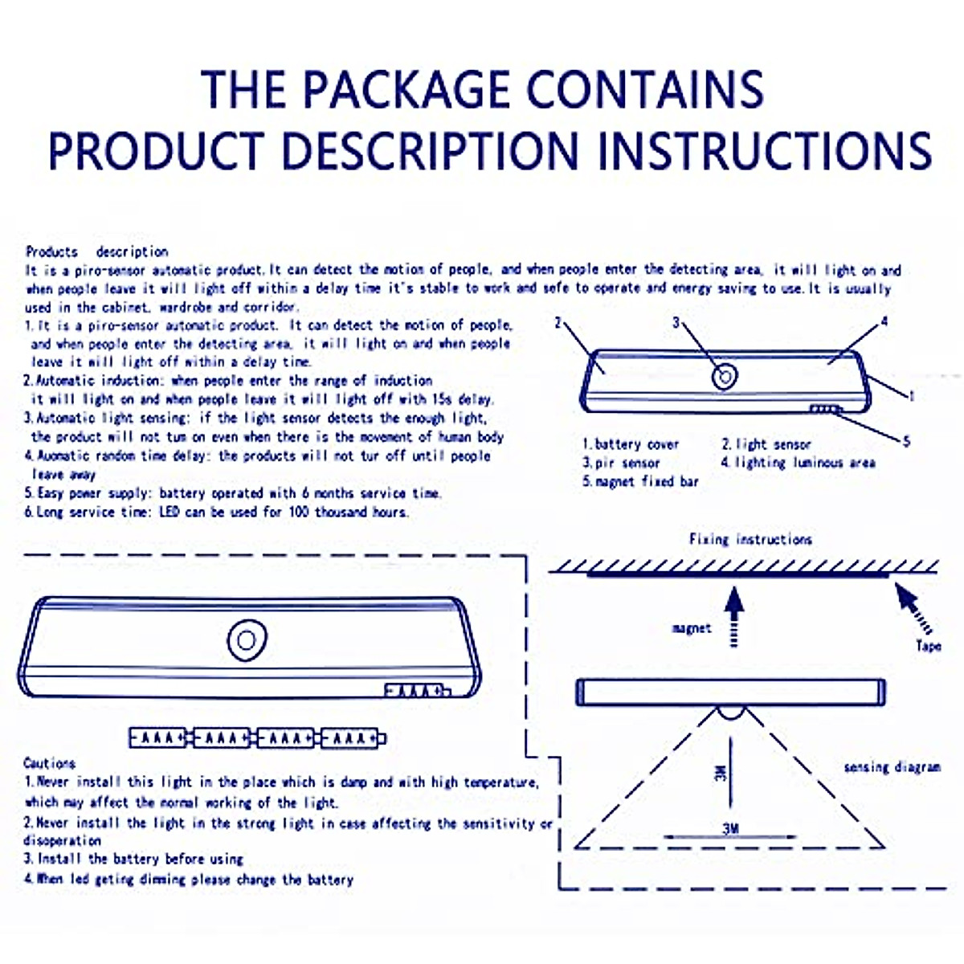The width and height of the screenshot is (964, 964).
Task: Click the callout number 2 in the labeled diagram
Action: (x=558, y=323)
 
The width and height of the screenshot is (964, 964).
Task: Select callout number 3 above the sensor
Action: (x=676, y=323)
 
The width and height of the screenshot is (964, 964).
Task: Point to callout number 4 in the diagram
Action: (x=884, y=322)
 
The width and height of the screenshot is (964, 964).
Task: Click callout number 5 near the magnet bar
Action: (x=906, y=441)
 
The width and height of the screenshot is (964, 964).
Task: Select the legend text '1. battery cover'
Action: (x=631, y=444)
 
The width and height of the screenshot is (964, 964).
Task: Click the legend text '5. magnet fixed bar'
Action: (x=640, y=482)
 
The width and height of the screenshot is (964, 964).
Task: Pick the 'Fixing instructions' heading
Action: (x=750, y=539)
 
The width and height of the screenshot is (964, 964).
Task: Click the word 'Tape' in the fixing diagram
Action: (x=928, y=645)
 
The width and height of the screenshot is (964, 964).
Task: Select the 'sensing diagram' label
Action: (x=892, y=767)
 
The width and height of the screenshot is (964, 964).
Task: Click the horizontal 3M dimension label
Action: (x=730, y=828)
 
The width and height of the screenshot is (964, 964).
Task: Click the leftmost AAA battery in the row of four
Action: (x=161, y=737)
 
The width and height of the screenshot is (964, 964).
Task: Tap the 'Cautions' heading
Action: (x=49, y=763)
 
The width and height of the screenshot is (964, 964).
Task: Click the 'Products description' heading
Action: (x=96, y=251)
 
